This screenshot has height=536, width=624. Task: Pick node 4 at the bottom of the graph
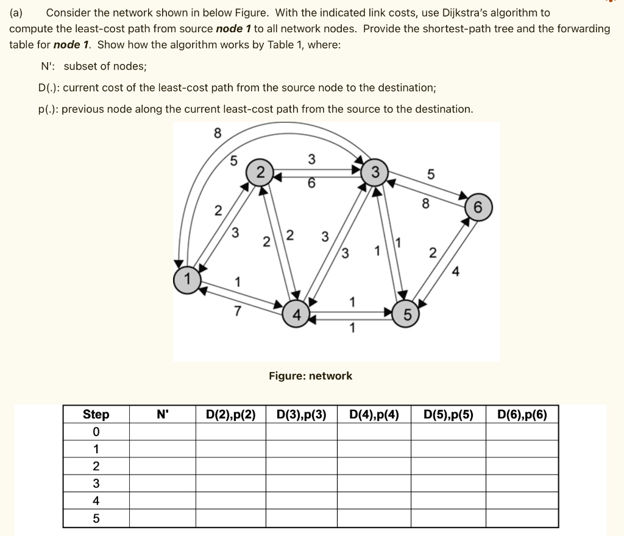tap(296, 315)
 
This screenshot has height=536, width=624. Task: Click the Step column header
tap(96, 415)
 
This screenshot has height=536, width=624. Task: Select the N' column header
tap(162, 415)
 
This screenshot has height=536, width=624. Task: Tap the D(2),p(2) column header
tap(230, 415)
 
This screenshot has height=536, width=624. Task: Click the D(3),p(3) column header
tap(302, 415)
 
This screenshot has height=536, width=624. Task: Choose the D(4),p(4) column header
tap(374, 415)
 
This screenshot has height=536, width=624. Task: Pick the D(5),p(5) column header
tap(448, 415)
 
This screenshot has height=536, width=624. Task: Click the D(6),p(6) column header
tap(522, 415)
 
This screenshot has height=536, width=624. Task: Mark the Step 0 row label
tap(96, 432)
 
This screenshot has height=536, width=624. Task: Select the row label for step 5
tap(96, 519)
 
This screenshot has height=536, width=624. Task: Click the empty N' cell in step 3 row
tap(162, 484)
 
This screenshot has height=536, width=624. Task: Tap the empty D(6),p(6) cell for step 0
tap(522, 432)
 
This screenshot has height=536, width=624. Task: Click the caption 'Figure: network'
tap(311, 376)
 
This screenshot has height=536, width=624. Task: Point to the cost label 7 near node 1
tap(238, 312)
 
